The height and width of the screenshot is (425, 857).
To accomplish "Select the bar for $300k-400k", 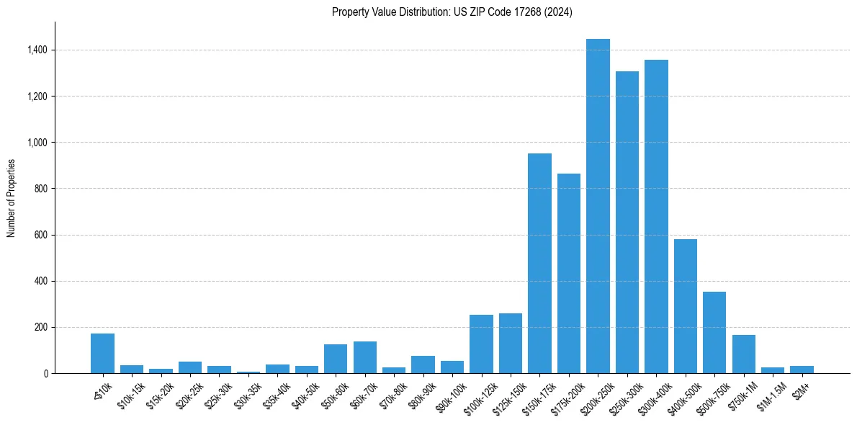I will click(x=656, y=216).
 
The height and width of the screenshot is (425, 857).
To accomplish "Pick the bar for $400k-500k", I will click(x=685, y=306).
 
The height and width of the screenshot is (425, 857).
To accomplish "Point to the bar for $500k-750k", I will click(x=714, y=332).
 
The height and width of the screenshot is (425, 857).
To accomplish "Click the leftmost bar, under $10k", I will click(x=102, y=353).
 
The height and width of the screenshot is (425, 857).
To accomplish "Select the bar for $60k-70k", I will click(x=364, y=357).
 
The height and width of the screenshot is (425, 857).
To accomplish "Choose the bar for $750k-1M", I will click(x=743, y=354).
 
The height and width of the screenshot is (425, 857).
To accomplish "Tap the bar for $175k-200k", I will click(x=568, y=273).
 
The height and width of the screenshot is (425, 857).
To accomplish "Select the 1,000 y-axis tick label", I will click(x=37, y=143).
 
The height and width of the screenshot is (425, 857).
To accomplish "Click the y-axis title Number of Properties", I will click(x=11, y=198).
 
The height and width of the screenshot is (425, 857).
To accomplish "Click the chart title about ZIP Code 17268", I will click(x=452, y=12).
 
